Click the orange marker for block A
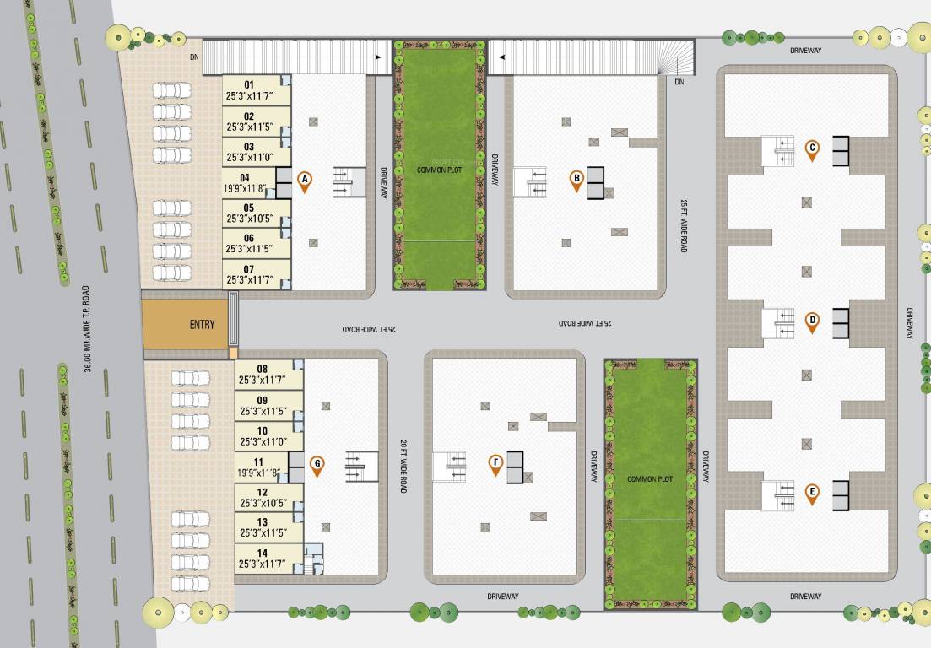pos(305,180)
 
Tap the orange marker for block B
pos(576,180)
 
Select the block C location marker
pos(812,150)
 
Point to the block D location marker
pos(812,321)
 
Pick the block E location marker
pos(812,494)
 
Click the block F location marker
pos(495,464)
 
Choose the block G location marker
pos(317,465)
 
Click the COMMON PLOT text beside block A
pos(436,170)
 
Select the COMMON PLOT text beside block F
pos(650,479)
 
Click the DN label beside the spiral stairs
pos(679,82)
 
